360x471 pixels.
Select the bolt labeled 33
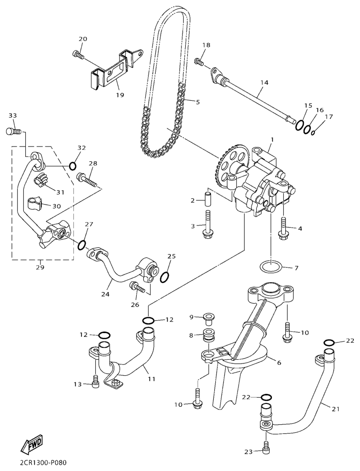pos(13,130)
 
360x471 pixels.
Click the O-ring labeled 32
pos(72,166)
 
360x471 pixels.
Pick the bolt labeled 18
pos(199,61)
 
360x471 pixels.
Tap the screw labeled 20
pos(78,55)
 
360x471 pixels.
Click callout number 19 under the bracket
pos(120,95)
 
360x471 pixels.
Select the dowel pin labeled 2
pos(207,197)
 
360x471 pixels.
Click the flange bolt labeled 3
pos(208,226)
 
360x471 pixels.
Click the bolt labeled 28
pos(86,179)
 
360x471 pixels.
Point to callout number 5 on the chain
pos(198,101)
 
